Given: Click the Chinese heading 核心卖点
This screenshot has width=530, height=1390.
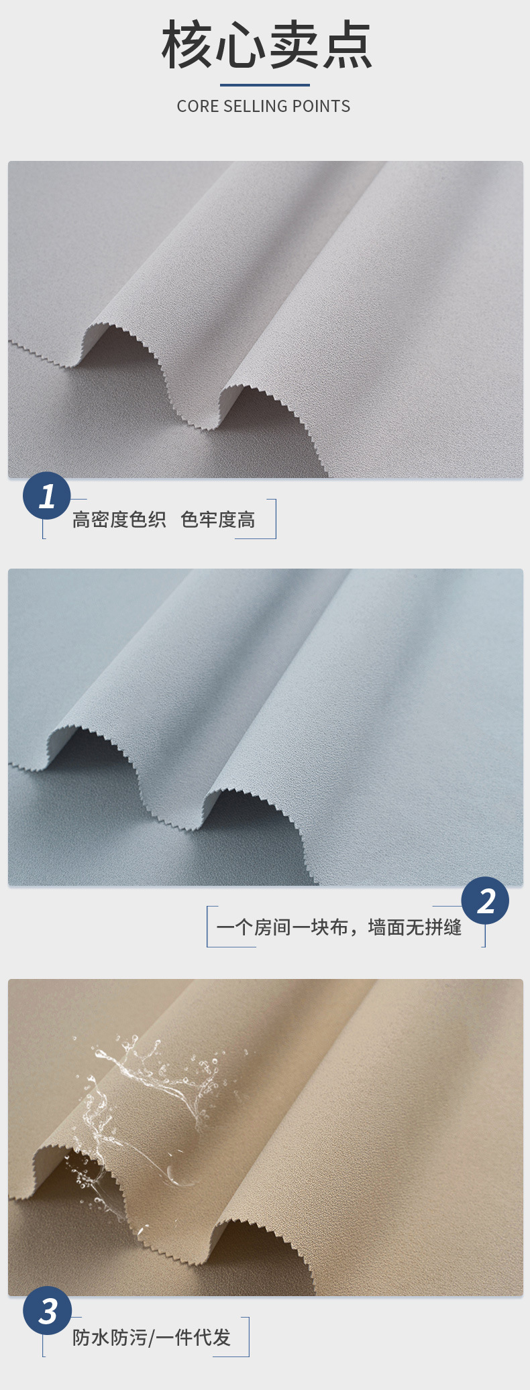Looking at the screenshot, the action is pos(266,45).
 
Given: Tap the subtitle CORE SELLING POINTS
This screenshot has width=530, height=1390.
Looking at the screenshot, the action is pos(264,106).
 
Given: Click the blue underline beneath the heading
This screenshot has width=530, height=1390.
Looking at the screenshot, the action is pos(265,85).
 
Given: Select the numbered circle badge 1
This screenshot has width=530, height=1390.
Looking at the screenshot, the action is pos(47,496).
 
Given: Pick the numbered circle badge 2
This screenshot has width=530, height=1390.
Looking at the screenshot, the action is pos(485,901).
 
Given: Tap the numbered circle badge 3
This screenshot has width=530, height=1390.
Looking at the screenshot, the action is pos(47,1311).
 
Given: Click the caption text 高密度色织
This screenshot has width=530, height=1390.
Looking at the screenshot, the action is pos(119,520).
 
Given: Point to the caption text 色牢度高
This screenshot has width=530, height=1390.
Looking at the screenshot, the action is pos(218,520).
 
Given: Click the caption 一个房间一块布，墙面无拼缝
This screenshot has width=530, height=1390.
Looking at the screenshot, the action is pos(339,927).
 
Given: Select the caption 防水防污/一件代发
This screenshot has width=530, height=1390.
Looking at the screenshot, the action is pos(152,1338).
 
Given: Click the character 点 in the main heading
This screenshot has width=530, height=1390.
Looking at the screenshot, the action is pos(347,45).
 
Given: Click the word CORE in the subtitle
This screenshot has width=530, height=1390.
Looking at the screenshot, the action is pos(198,106).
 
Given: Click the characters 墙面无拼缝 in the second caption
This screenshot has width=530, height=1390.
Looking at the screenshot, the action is pos(415,927).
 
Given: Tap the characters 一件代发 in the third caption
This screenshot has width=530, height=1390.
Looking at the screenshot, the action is pos(193,1338).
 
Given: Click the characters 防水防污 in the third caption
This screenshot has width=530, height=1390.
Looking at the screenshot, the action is pos(110,1338).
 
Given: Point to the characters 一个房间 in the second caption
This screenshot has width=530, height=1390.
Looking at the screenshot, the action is pos(254,927).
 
